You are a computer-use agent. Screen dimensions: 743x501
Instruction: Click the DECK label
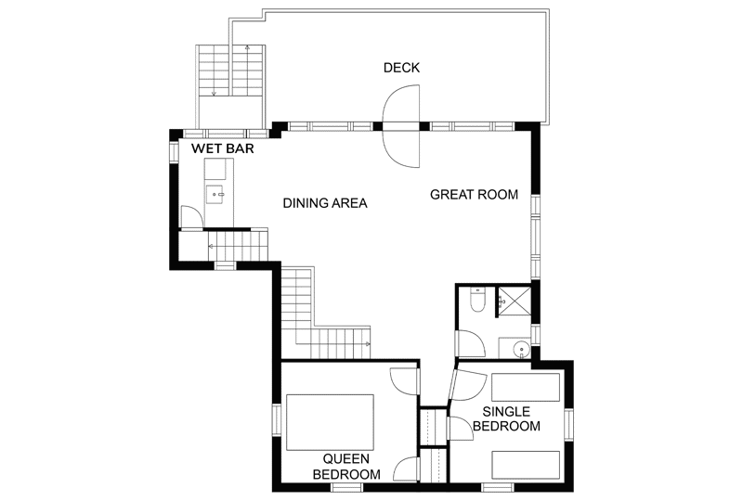401,68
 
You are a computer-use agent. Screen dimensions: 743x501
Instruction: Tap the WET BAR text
223,148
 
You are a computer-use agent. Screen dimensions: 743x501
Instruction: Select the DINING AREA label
325,203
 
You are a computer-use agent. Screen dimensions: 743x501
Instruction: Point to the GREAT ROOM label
474,195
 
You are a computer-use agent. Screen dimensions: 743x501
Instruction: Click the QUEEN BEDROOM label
346,467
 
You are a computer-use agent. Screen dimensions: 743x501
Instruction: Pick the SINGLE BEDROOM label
506,418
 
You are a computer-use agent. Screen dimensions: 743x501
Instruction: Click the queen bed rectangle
330,422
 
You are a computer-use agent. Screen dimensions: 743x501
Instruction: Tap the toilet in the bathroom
477,301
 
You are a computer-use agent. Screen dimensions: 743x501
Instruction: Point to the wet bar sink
215,194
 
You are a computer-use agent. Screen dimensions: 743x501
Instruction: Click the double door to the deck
401,126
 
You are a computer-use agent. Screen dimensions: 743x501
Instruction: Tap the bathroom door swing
470,343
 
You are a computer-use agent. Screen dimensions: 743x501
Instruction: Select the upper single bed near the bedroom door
526,388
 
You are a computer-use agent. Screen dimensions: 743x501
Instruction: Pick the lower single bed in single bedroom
526,465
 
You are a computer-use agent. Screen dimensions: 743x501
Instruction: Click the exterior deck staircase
230,86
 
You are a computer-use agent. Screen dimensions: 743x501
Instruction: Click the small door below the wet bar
192,217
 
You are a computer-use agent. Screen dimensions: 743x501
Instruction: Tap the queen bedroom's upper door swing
404,381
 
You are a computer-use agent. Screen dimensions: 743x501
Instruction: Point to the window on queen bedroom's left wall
276,419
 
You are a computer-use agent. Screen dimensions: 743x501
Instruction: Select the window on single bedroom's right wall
568,424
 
